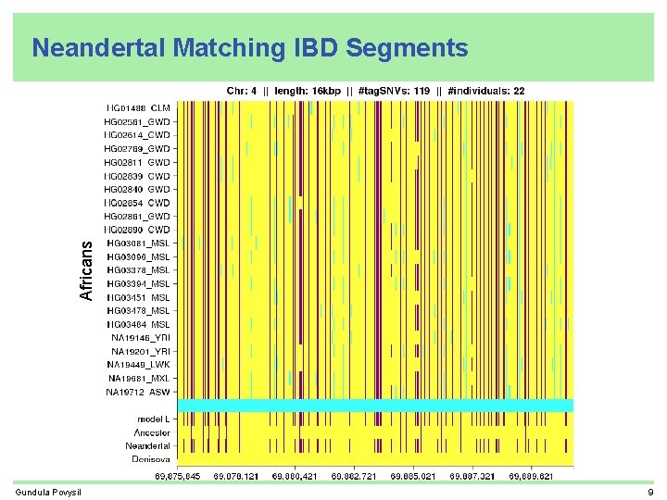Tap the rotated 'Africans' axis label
(86, 270)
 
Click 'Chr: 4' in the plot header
(242, 91)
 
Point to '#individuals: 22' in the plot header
(485, 91)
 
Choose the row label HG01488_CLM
(138, 108)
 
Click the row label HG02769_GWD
(137, 148)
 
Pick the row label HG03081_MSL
(138, 243)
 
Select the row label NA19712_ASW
(138, 392)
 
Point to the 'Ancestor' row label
(152, 432)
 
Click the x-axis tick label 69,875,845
(177, 476)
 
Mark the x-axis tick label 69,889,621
(532, 476)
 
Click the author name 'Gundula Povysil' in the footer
(48, 491)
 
